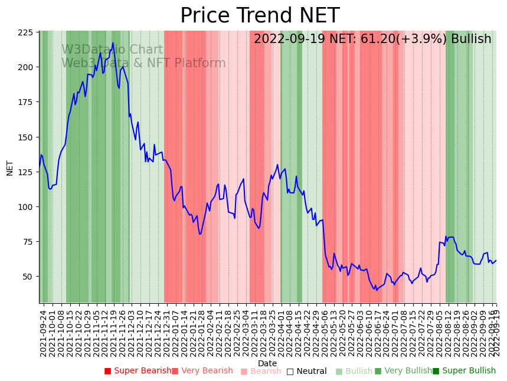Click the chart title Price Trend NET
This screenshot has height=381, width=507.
pos(260,16)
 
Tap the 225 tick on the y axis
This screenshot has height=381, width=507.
pos(25,33)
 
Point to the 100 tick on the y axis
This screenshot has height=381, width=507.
pos(25,207)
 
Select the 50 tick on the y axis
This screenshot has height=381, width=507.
pos(27,277)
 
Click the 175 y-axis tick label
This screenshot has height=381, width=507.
pos(25,103)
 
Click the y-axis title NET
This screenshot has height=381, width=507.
pos(9,167)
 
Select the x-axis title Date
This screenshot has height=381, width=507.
pos(267,363)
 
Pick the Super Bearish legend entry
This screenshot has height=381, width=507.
pos(138,371)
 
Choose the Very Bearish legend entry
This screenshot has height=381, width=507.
pos(202,371)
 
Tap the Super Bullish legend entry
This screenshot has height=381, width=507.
pos(465,371)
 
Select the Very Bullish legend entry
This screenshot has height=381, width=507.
pos(404,371)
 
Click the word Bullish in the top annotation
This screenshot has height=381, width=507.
pos(471,40)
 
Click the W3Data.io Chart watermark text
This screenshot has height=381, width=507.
pos(112,50)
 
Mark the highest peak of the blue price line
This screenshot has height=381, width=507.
pos(113,43)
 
